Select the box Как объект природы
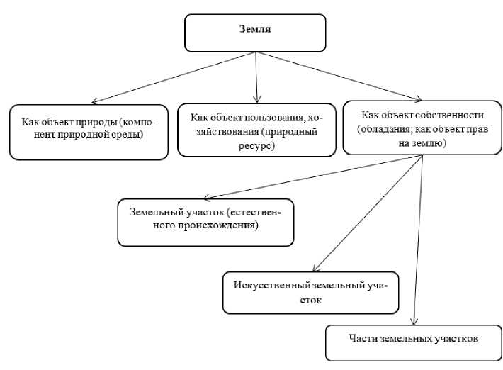coord(89,132)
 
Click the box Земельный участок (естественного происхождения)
coord(206,222)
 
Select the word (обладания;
coord(385,128)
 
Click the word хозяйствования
coord(227,132)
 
